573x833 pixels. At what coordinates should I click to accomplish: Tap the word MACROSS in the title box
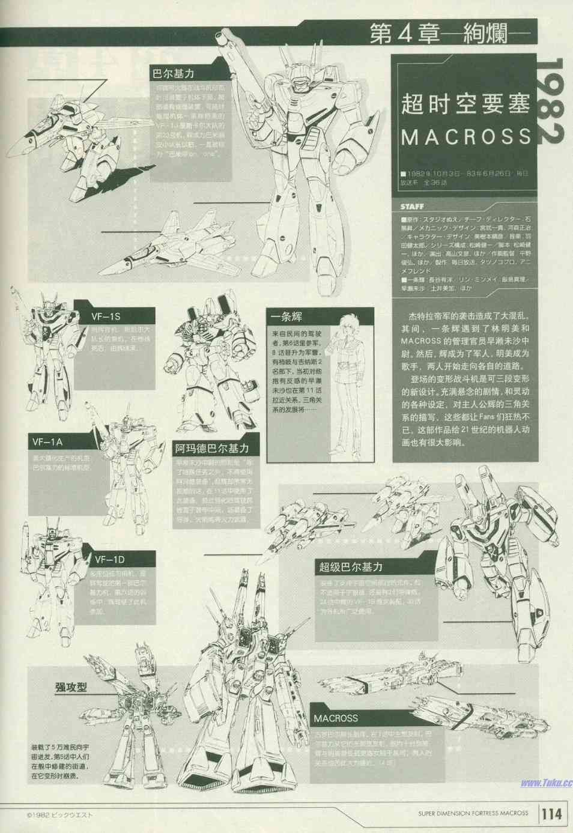point(466,137)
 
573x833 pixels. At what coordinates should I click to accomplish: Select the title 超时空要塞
point(466,104)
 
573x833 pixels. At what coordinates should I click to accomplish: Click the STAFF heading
point(412,207)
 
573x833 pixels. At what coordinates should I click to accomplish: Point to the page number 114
point(551,814)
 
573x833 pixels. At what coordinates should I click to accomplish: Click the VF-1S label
point(106,317)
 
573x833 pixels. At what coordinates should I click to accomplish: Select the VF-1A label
point(47,442)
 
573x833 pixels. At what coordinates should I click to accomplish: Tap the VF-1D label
point(109,560)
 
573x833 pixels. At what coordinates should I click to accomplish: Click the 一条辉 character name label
point(286,317)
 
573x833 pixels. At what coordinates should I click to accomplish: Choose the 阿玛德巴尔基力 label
point(212,448)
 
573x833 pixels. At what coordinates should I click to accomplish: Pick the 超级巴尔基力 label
point(351,566)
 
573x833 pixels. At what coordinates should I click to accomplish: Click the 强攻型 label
point(71,686)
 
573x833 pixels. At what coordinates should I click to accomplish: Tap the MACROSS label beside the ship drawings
point(336,718)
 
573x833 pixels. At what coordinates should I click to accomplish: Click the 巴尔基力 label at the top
point(174,73)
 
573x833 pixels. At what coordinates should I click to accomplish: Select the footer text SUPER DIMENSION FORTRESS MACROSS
point(473,813)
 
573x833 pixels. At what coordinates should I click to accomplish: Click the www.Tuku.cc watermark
point(546,783)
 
